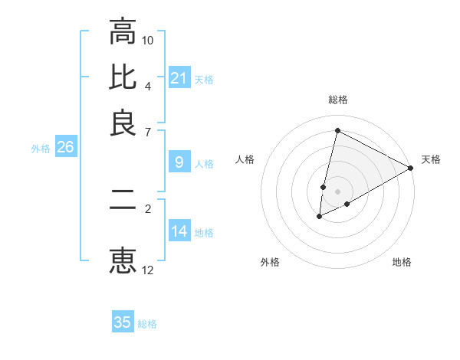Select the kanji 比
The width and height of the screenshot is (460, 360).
[123, 77]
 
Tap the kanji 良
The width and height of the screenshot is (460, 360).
[123, 123]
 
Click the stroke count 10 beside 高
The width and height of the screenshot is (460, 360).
[148, 40]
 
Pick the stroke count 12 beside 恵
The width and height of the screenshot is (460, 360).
[148, 270]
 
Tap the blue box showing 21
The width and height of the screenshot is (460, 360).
[179, 78]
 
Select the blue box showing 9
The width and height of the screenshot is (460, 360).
[179, 162]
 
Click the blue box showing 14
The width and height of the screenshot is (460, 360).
[179, 231]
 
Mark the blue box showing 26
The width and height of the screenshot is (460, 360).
[65, 148]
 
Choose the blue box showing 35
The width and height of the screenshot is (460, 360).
[123, 322]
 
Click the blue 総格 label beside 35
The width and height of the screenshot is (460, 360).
[147, 324]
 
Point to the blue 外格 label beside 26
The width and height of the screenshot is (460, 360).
[41, 149]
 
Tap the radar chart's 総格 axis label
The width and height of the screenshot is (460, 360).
[337, 100]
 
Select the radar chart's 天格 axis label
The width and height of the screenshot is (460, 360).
[431, 159]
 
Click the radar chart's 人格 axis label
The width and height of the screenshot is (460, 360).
[245, 159]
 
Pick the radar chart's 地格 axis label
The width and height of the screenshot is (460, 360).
[402, 262]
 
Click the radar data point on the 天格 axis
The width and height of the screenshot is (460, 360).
[411, 168]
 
